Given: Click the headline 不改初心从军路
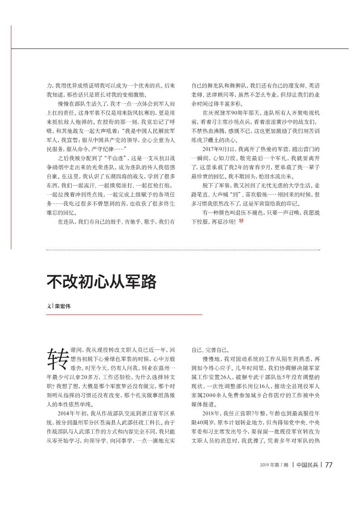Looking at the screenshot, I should [x=102, y=281].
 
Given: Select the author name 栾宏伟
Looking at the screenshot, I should [x=63, y=306].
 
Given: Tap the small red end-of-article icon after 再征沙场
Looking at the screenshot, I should [x=241, y=222].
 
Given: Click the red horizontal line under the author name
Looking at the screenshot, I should [x=124, y=315].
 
